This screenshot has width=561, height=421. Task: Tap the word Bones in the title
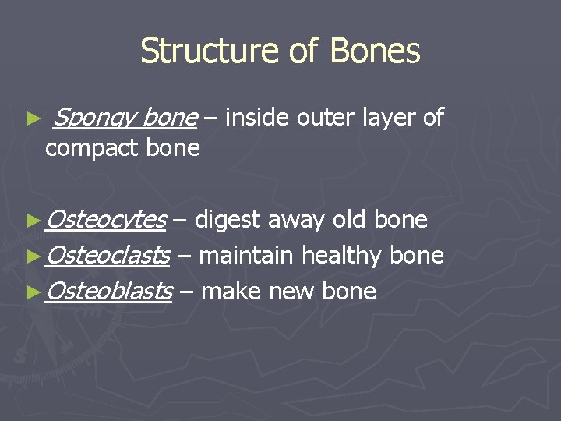tap(376, 51)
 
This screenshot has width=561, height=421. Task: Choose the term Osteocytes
tap(106, 221)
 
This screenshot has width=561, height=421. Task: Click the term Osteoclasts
tap(108, 255)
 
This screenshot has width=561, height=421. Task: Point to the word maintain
tap(248, 255)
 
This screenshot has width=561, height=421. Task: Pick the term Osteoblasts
tap(109, 291)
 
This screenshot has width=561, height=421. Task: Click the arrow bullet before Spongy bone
tap(33, 119)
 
